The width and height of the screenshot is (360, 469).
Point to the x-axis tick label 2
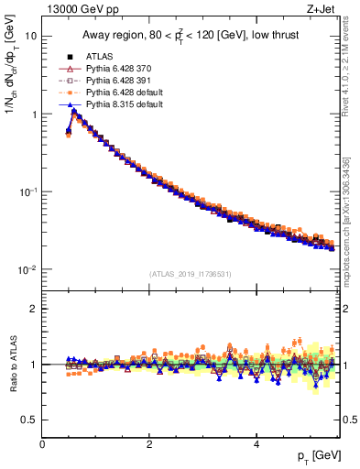[149, 443]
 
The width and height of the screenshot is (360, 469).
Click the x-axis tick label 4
[256, 443]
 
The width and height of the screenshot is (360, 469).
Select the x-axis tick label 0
[42, 443]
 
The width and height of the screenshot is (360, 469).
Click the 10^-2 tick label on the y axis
[27, 269]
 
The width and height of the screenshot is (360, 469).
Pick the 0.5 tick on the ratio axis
[29, 420]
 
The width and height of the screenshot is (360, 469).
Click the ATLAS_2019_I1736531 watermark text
[191, 273]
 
